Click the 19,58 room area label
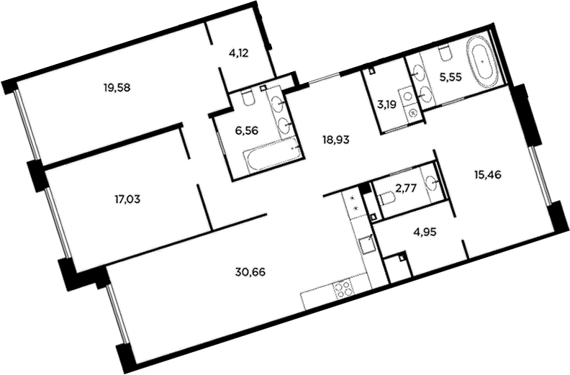click(x=117, y=88)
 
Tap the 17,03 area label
click(x=127, y=199)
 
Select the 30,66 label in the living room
click(x=250, y=271)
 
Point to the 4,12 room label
click(x=238, y=53)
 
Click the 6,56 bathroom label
click(x=246, y=130)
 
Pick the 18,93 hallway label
click(x=336, y=140)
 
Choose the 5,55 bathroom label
click(x=451, y=77)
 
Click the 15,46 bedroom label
click(x=487, y=176)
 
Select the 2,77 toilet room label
click(x=406, y=188)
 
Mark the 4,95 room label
click(x=424, y=231)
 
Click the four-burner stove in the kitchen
click(x=343, y=288)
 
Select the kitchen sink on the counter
click(x=365, y=244)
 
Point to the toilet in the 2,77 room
click(x=386, y=198)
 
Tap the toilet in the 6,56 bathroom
click(x=248, y=99)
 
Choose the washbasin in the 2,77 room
click(x=433, y=182)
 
